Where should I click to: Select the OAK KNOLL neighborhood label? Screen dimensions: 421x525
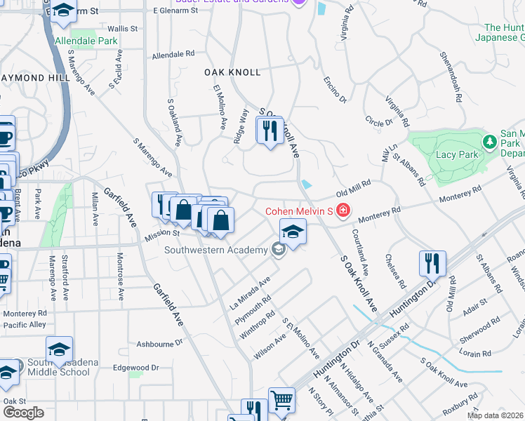tap(232, 72)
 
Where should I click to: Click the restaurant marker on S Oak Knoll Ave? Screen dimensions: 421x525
tap(270, 131)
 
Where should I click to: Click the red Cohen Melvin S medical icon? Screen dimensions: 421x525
tap(343, 210)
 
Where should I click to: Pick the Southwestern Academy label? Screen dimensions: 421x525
tap(215, 249)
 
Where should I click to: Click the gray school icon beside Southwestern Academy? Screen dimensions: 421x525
tap(279, 249)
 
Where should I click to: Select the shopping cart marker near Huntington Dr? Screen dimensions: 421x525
tap(281, 401)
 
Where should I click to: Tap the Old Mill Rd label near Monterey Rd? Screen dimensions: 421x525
tap(353, 188)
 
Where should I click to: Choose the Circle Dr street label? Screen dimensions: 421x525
tap(379, 122)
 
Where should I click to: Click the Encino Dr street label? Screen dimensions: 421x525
tap(335, 90)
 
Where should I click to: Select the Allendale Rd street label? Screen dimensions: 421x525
tap(173, 54)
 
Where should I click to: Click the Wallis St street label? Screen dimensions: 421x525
tap(121, 29)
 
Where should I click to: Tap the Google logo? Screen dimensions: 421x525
tap(22, 412)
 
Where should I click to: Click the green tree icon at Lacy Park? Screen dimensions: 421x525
tap(490, 143)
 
